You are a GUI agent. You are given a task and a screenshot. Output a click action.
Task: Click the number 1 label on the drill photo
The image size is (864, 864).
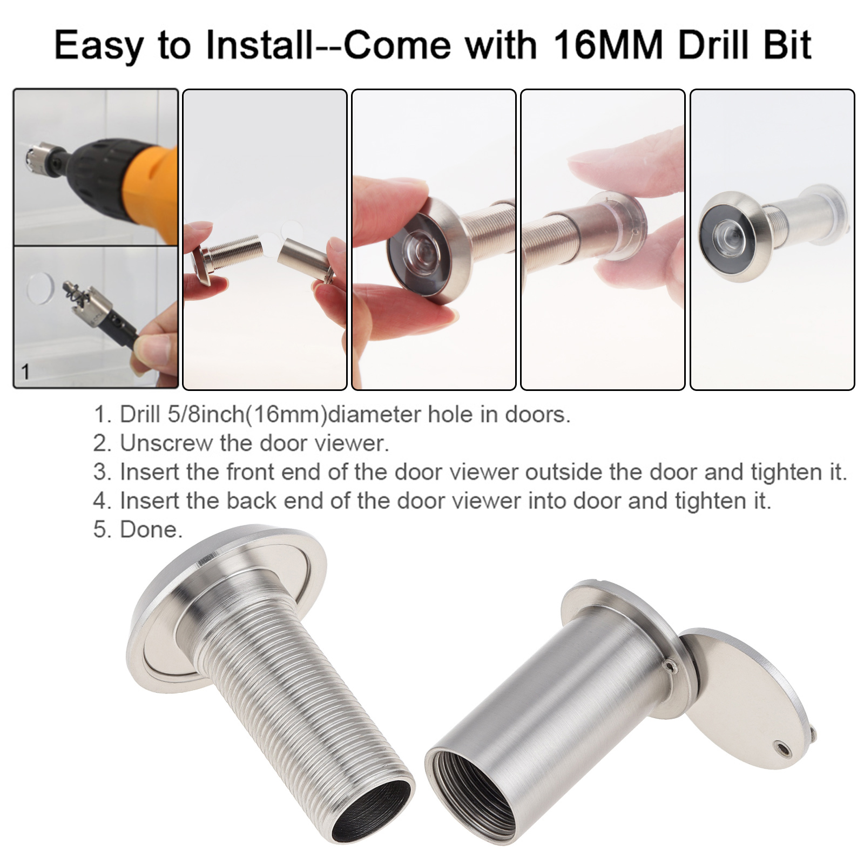pyautogui.click(x=25, y=372)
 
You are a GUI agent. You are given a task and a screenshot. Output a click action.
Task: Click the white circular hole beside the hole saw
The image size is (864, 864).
pyautogui.click(x=40, y=288)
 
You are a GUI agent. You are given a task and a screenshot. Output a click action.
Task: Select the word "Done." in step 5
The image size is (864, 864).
pyautogui.click(x=151, y=530)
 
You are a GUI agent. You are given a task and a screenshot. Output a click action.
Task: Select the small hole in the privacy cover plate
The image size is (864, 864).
pyautogui.click(x=780, y=748)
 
